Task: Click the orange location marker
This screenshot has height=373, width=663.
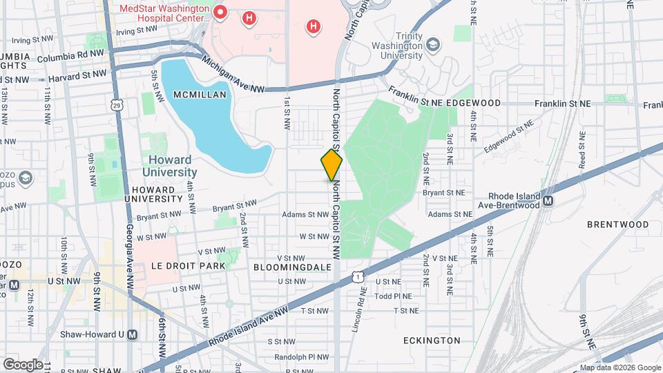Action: pyautogui.click(x=331, y=165)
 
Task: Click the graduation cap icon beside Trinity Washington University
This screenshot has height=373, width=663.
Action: pyautogui.click(x=433, y=46)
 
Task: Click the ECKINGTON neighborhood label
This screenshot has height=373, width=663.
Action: pyautogui.click(x=432, y=341)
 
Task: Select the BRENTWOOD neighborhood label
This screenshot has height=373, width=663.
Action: pyautogui.click(x=617, y=224)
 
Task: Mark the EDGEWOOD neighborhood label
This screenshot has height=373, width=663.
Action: pyautogui.click(x=473, y=102)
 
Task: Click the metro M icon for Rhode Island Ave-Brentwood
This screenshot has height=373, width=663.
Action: pyautogui.click(x=548, y=201)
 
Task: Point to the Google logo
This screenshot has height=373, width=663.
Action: pyautogui.click(x=23, y=364)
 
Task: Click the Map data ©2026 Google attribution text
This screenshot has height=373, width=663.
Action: pyautogui.click(x=619, y=367)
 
